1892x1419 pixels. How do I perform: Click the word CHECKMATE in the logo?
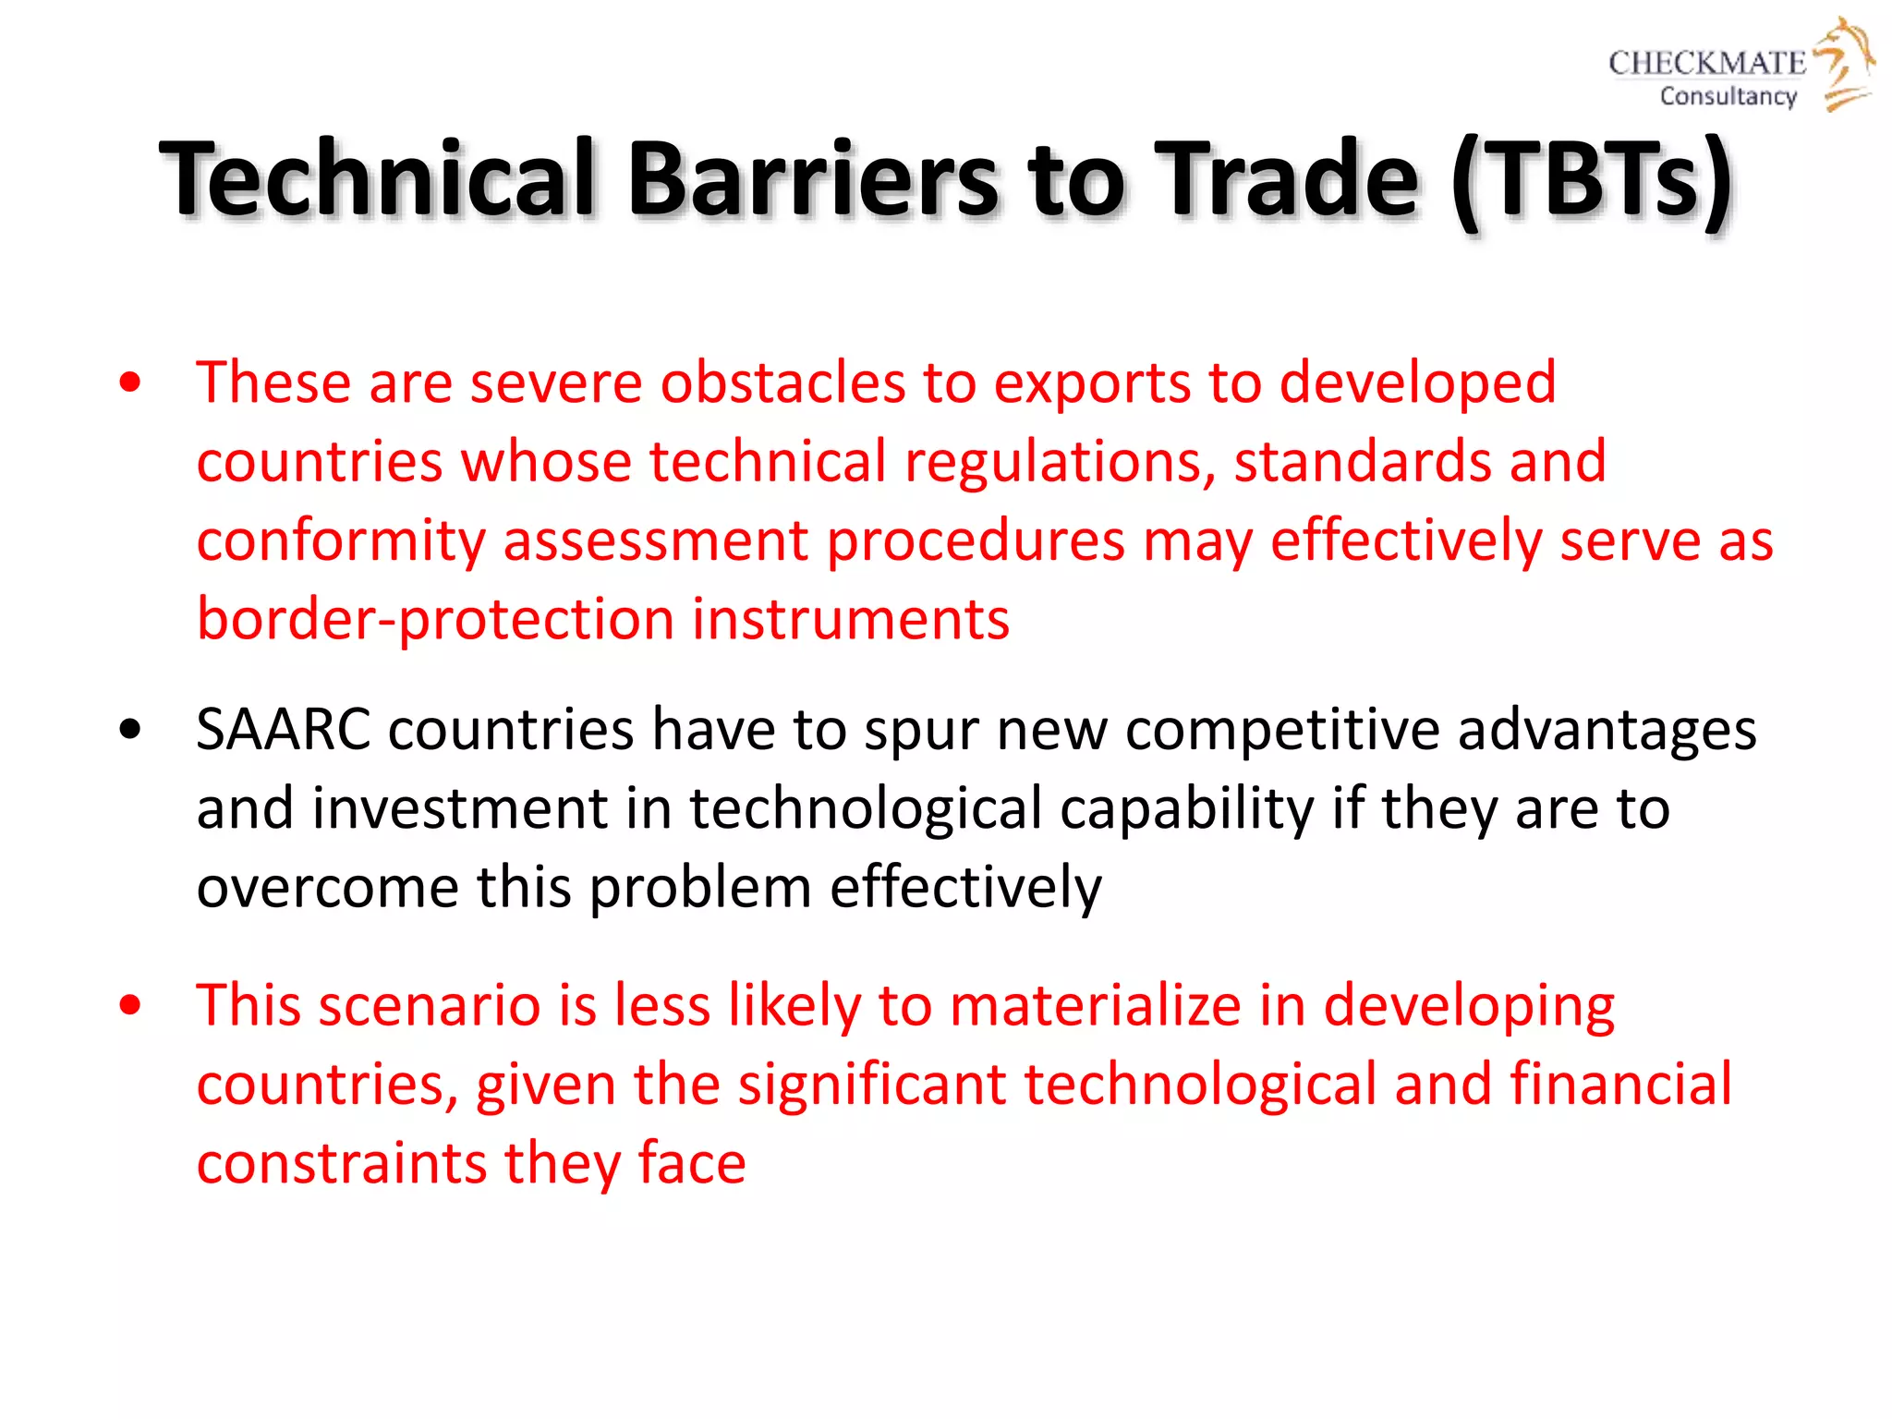click(x=1706, y=63)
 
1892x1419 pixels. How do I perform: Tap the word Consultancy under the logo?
click(x=1728, y=96)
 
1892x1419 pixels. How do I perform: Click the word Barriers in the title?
click(x=813, y=177)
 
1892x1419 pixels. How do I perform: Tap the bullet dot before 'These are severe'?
click(x=130, y=382)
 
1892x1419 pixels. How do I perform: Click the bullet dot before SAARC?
click(x=130, y=730)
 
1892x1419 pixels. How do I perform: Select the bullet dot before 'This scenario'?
click(x=130, y=1005)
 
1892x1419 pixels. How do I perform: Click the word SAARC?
click(x=283, y=730)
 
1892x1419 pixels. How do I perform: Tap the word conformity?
click(x=341, y=541)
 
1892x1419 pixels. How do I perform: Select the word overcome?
click(x=327, y=888)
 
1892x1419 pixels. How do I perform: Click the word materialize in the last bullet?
click(x=1095, y=1005)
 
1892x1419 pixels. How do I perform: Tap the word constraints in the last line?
click(x=341, y=1163)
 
